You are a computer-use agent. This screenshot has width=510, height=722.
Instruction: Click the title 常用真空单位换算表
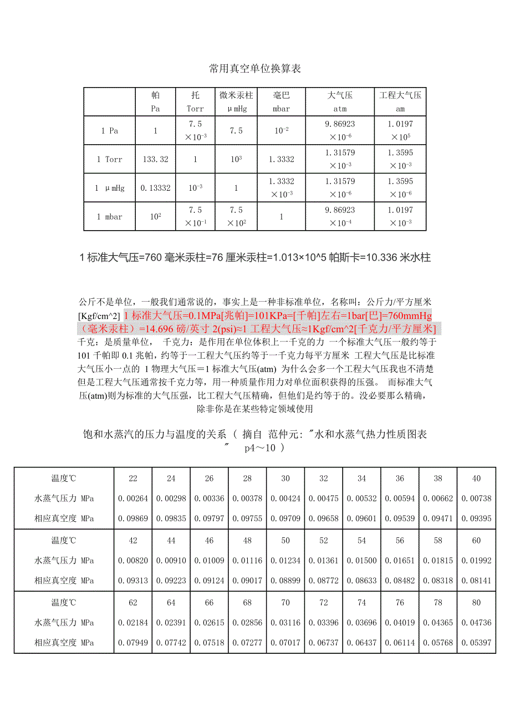[255, 69]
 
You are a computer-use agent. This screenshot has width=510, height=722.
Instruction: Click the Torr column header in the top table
[195, 102]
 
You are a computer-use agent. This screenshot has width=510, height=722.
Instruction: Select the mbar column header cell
[281, 102]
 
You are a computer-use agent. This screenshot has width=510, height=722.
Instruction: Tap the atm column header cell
[340, 102]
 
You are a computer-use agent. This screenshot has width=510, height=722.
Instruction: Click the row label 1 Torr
[110, 160]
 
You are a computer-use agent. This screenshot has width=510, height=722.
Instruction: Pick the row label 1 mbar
[110, 217]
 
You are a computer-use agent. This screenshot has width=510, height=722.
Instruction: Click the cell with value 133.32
[155, 160]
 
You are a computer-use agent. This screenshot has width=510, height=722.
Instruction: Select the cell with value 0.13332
[155, 188]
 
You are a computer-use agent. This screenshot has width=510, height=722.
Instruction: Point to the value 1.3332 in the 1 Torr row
[281, 160]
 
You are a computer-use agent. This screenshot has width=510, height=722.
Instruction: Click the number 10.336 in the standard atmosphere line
[385, 258]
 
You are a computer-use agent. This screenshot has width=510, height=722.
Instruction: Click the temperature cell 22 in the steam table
[133, 479]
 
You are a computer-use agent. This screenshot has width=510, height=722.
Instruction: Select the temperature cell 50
[285, 541]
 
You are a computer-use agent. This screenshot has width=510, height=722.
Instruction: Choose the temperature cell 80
[477, 603]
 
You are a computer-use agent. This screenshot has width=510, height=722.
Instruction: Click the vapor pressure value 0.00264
[133, 499]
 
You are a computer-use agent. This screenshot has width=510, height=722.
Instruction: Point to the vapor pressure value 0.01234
[285, 561]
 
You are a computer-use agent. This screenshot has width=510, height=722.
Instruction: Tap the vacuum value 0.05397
[477, 643]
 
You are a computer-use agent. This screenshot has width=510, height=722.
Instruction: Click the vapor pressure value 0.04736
[477, 623]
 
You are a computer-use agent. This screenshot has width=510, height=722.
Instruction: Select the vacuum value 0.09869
[133, 518]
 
